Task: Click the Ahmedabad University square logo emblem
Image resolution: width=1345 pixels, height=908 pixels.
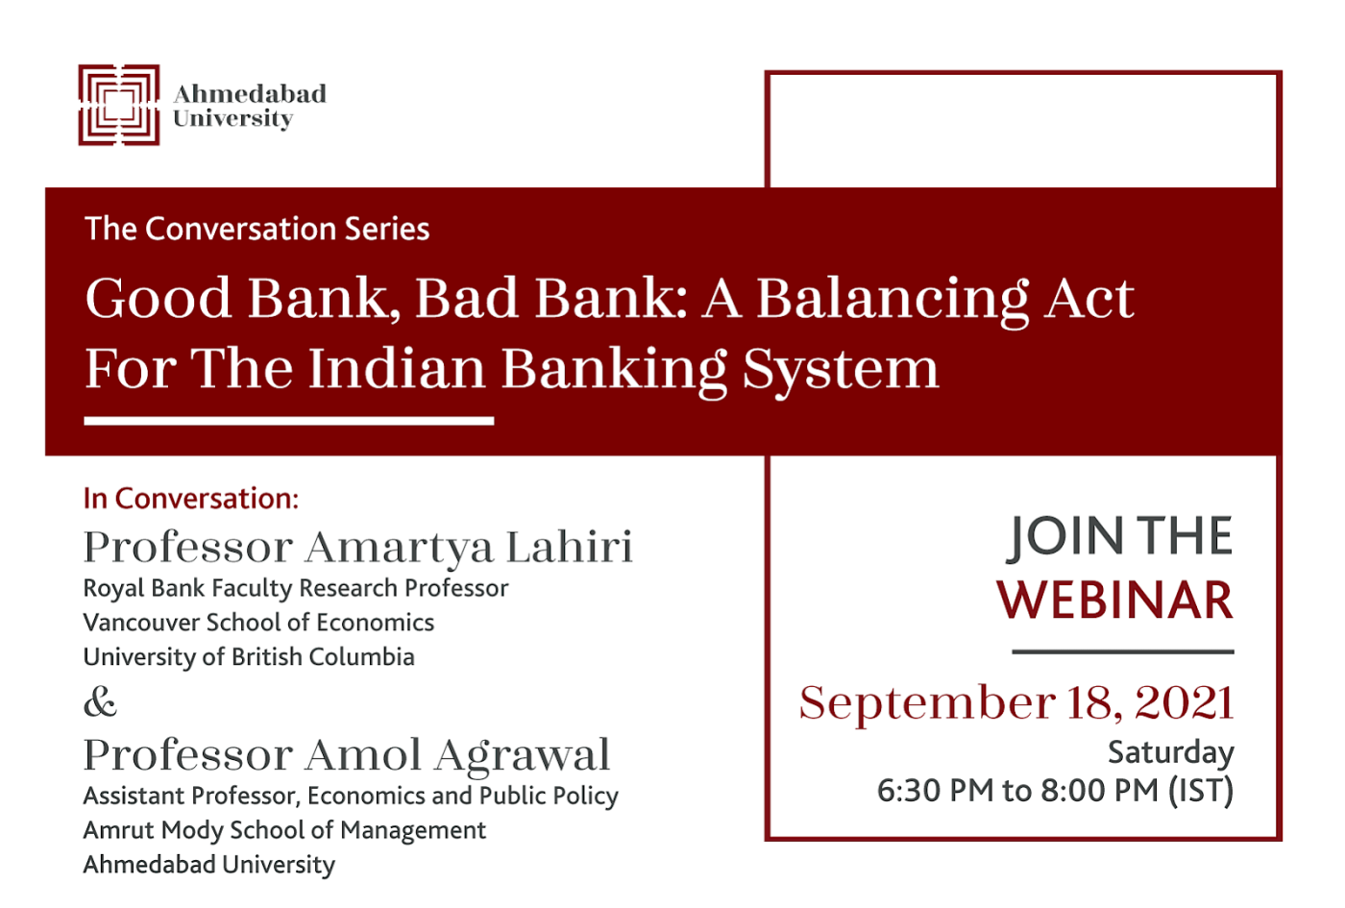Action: (x=119, y=105)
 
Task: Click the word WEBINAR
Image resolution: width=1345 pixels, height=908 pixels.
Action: (x=1115, y=600)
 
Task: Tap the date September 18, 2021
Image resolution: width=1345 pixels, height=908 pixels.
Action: (x=1016, y=702)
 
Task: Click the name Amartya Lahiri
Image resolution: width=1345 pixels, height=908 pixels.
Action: (x=469, y=549)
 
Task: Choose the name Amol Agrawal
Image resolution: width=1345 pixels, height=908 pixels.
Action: (x=457, y=755)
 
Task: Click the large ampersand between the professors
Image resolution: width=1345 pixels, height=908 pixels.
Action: (x=100, y=700)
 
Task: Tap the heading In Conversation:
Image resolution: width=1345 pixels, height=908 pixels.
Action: (x=191, y=499)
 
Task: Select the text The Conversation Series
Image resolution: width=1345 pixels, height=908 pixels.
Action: (x=257, y=229)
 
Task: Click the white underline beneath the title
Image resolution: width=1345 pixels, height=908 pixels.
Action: (x=289, y=421)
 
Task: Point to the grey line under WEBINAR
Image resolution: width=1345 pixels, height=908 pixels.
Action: (x=1123, y=651)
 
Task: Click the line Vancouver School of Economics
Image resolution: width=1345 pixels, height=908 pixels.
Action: (x=258, y=623)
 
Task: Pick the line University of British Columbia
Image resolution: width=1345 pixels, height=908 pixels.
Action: (x=249, y=657)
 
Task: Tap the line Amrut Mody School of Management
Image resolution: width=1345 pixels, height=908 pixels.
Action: (x=284, y=830)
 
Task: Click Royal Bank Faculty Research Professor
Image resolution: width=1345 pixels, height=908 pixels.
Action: (x=296, y=588)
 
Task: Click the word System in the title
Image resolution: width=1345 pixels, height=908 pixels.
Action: (x=841, y=369)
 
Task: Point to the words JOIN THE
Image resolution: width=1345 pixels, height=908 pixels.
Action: (x=1120, y=536)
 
